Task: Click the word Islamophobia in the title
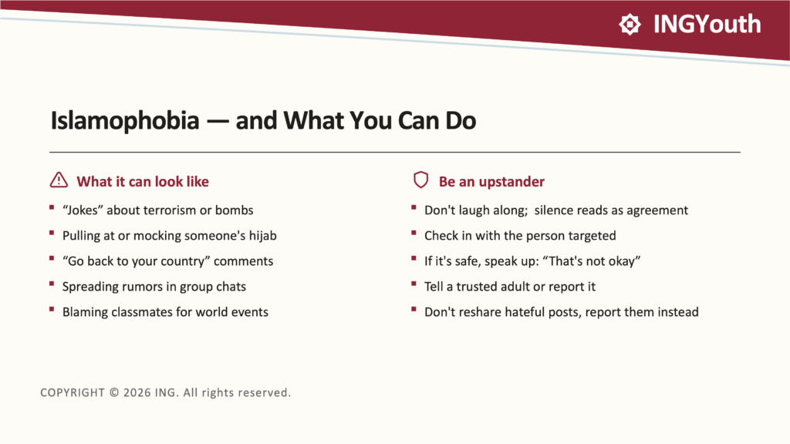[x=125, y=121]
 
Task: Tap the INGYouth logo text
[x=707, y=24]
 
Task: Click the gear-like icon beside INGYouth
[x=630, y=24]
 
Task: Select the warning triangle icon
[x=59, y=180]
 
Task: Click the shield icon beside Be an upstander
[x=420, y=180]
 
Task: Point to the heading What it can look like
[x=143, y=181]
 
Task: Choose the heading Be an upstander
[x=491, y=181]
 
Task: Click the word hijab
[x=262, y=236]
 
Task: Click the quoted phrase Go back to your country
[x=136, y=261]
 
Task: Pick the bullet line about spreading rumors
[x=154, y=287]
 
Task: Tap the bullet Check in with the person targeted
[x=520, y=236]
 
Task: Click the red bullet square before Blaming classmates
[x=52, y=309]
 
